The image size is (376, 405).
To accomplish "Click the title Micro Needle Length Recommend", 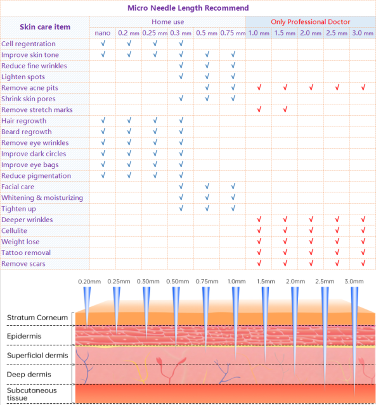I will pyautogui.click(x=188, y=8).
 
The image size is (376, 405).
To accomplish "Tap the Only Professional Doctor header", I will pyautogui.click(x=310, y=22).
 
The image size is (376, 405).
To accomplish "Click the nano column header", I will pyautogui.click(x=103, y=33).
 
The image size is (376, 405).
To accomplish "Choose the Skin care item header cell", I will pyautogui.click(x=45, y=27).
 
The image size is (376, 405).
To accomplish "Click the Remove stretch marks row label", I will pyautogui.click(x=37, y=110).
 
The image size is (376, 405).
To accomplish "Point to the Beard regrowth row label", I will pyautogui.click(x=27, y=132).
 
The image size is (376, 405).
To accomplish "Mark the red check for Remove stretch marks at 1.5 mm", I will pyautogui.click(x=285, y=110).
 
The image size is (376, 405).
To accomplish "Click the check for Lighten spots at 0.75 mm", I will pyautogui.click(x=233, y=77).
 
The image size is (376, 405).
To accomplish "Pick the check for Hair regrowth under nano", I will pyautogui.click(x=103, y=121).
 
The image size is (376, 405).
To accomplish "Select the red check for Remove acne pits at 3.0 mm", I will pyautogui.click(x=363, y=88).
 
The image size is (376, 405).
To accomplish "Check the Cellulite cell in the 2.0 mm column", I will pyautogui.click(x=311, y=231).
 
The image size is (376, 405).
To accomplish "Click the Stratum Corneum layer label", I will pyautogui.click(x=34, y=317).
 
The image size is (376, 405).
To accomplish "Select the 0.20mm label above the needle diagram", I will pyautogui.click(x=89, y=281).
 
